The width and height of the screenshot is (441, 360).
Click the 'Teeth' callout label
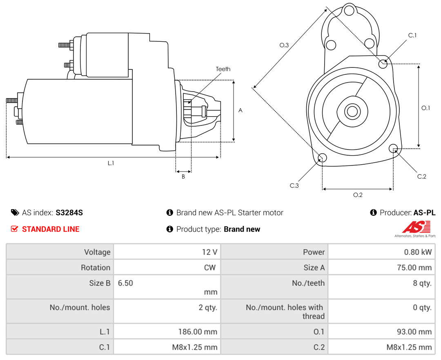(223, 69)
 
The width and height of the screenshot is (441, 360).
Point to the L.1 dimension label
(111, 163)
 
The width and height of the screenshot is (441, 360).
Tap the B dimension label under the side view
(183, 177)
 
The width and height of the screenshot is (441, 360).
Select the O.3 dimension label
(284, 45)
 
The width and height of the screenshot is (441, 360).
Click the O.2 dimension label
(358, 195)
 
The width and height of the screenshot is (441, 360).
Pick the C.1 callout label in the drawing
(412, 35)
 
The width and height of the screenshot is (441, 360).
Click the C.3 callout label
(294, 186)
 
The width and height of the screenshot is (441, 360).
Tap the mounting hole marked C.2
(393, 148)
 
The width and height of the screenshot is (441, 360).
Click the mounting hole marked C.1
(383, 64)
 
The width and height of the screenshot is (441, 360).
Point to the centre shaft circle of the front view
(352, 111)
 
